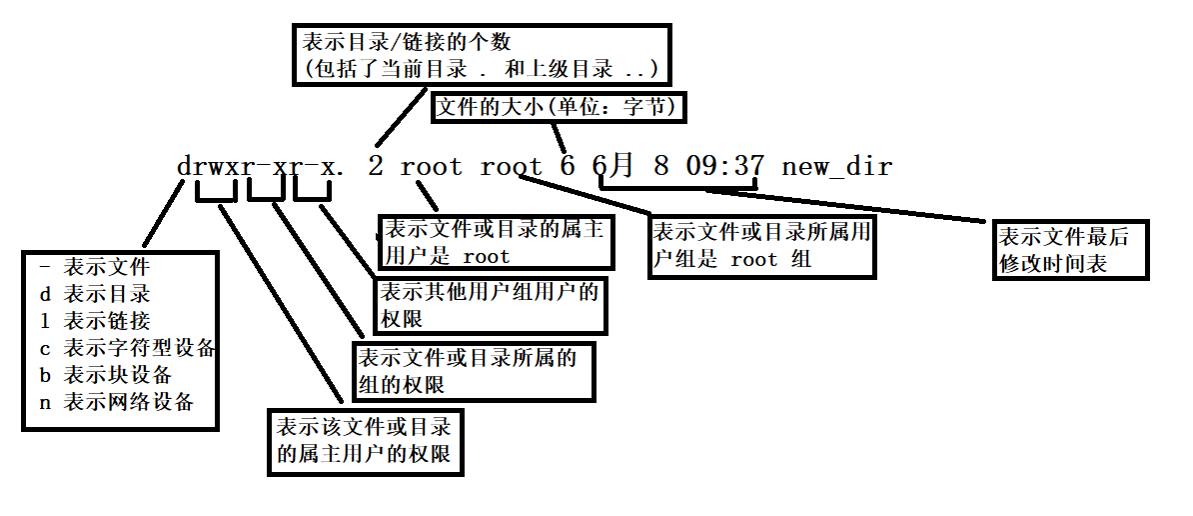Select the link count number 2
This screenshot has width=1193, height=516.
[375, 166]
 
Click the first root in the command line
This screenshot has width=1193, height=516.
[432, 166]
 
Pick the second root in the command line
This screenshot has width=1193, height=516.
[511, 166]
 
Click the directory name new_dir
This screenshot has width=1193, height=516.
[836, 166]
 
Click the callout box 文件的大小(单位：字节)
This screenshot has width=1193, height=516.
[558, 106]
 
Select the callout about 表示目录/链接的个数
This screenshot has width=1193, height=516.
[480, 56]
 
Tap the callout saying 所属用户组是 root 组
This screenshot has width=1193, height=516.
[762, 246]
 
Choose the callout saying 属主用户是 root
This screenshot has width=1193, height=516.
[495, 243]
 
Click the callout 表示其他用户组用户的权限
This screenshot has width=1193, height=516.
[489, 305]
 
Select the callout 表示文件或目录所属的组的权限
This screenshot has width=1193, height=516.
[473, 370]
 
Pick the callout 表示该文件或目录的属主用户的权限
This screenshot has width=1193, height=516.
[365, 441]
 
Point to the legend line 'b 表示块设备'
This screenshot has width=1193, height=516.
[104, 375]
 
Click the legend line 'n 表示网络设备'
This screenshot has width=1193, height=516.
[114, 402]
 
